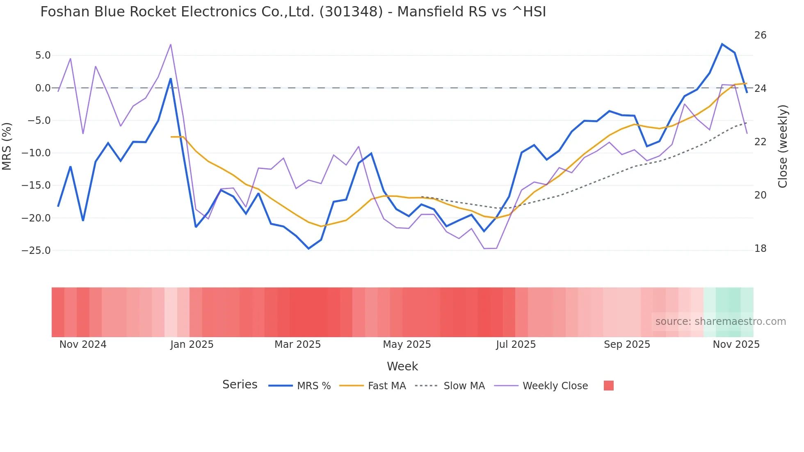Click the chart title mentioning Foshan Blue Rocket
(x=293, y=12)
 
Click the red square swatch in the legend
(x=609, y=386)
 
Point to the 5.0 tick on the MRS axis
(x=43, y=55)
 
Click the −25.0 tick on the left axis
(x=36, y=251)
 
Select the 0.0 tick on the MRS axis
(x=43, y=88)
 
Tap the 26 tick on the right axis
(x=760, y=35)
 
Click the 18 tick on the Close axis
(x=760, y=249)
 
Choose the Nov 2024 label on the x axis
(x=83, y=345)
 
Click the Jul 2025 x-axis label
(x=516, y=345)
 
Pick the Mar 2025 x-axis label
(x=297, y=345)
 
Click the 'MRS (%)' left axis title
(x=7, y=146)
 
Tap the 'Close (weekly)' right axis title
(x=783, y=146)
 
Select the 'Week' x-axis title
(x=402, y=366)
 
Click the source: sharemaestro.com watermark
(x=720, y=322)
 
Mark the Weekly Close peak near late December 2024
(x=171, y=44)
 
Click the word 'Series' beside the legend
(x=240, y=385)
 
